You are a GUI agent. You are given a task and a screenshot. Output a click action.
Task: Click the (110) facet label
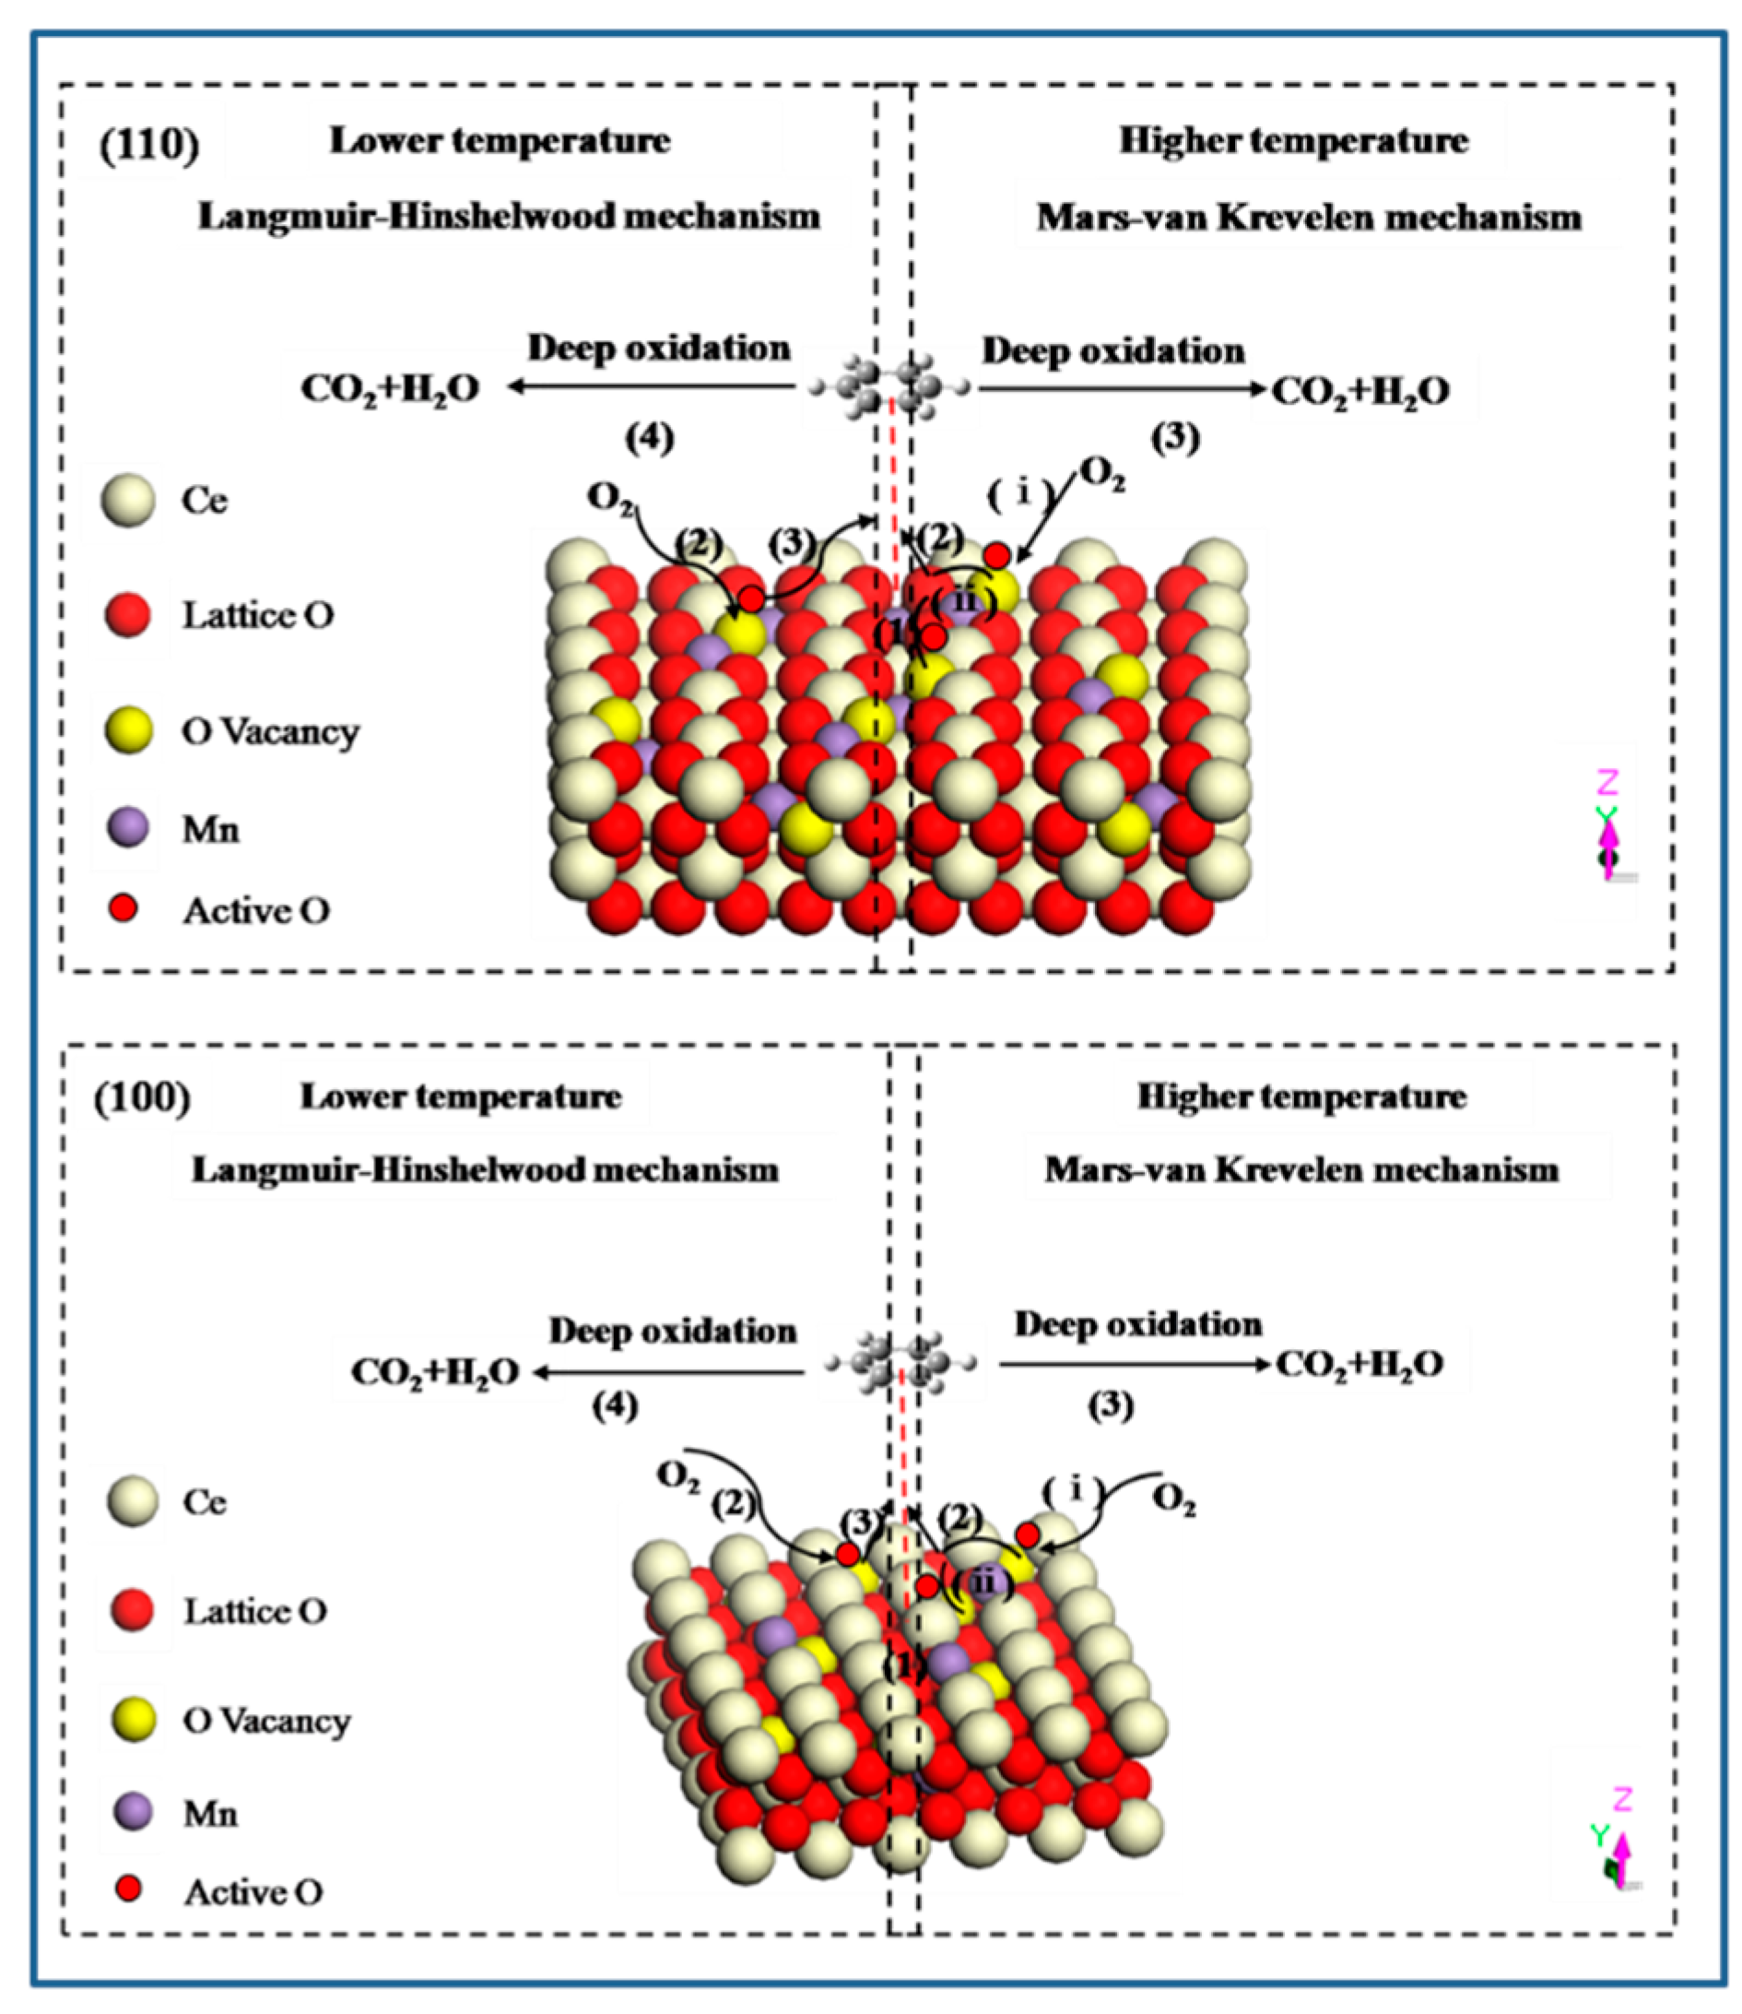(148, 145)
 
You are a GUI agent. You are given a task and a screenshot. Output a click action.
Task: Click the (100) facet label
(142, 1098)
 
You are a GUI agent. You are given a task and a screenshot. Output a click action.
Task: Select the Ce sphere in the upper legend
(128, 501)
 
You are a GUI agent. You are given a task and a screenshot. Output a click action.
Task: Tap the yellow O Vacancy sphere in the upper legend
(128, 730)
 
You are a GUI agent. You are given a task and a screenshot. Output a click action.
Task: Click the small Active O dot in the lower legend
(128, 1889)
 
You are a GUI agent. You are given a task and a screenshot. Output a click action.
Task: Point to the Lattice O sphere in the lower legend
(132, 1609)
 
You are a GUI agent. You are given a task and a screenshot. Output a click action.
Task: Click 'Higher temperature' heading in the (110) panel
(1293, 141)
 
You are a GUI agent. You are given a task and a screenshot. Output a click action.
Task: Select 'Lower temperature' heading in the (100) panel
(461, 1097)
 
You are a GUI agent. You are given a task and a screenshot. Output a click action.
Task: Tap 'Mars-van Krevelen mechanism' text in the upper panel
(1309, 217)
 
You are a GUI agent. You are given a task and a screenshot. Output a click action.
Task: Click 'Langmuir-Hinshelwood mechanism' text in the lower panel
(485, 1169)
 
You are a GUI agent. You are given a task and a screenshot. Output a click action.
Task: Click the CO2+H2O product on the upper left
(390, 389)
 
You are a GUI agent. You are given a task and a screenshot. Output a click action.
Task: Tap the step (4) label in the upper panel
(650, 439)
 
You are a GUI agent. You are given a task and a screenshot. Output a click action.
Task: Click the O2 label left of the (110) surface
(610, 498)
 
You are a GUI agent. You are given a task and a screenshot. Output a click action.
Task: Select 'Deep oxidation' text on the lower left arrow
(673, 1331)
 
